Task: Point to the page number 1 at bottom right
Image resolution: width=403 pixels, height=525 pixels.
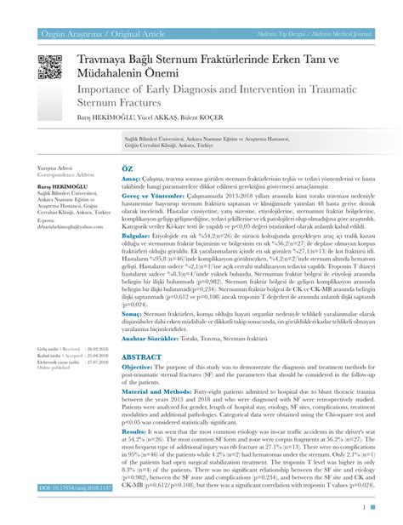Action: tap(364, 507)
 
